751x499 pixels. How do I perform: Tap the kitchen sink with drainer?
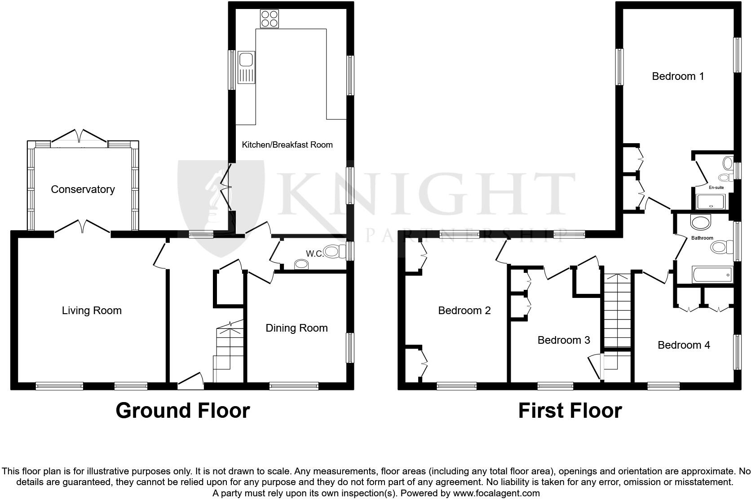click(x=246, y=67)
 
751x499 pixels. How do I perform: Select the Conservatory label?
click(x=83, y=189)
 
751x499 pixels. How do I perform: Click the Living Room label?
click(x=92, y=311)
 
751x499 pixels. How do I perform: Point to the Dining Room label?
click(x=296, y=328)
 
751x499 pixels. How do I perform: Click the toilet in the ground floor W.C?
click(x=331, y=251)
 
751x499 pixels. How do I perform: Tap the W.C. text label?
click(x=315, y=254)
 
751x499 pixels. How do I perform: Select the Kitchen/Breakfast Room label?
click(x=287, y=144)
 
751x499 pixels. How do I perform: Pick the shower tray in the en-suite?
click(x=710, y=202)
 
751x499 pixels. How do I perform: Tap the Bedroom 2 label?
click(x=464, y=311)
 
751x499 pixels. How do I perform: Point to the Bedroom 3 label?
click(x=563, y=340)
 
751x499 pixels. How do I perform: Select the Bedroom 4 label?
click(x=684, y=345)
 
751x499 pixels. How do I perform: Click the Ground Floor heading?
click(x=182, y=411)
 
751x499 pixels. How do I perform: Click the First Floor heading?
click(x=570, y=411)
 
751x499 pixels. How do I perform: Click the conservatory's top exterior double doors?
click(x=79, y=136)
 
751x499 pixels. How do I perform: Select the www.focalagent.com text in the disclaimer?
click(x=497, y=493)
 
